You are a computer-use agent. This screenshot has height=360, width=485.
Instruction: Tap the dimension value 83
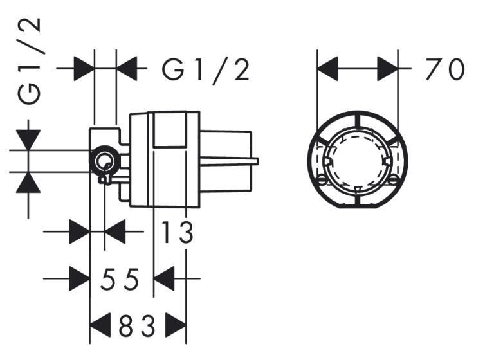137,327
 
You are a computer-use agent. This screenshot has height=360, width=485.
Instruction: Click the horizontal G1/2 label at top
206,69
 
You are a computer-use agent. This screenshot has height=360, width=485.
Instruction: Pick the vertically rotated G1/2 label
30,61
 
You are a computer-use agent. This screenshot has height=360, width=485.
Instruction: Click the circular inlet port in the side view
104,160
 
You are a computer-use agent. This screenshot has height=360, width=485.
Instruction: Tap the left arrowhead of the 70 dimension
328,68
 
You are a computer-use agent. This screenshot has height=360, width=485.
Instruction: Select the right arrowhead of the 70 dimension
388,68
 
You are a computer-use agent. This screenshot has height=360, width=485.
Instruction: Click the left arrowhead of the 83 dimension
99,327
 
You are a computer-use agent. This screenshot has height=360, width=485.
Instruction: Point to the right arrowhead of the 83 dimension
176,327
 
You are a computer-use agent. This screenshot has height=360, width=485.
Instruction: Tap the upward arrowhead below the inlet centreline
29,183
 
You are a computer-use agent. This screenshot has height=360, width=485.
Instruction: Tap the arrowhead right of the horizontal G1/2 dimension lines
127,68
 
